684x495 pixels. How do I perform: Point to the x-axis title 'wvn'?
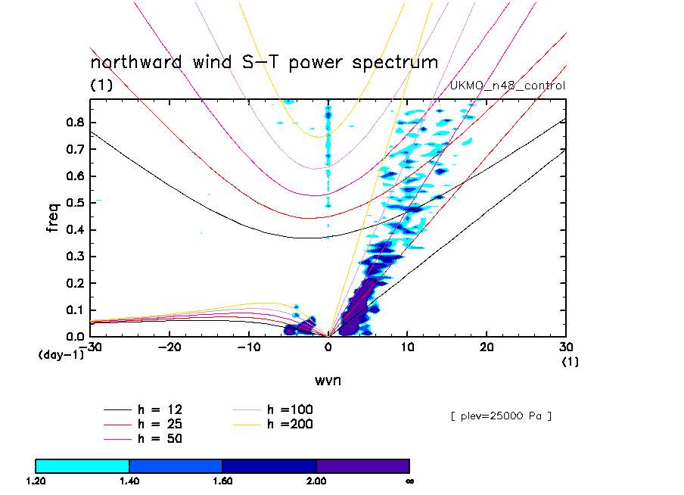pyautogui.click(x=328, y=380)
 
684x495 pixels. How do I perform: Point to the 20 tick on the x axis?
pyautogui.click(x=487, y=347)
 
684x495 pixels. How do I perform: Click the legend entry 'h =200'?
pyautogui.click(x=291, y=424)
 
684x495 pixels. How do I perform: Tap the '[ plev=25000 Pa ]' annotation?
pyautogui.click(x=500, y=416)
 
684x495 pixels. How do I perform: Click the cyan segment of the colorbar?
pyautogui.click(x=82, y=465)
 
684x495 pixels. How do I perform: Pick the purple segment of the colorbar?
pyautogui.click(x=362, y=465)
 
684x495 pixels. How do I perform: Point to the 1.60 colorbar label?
pyautogui.click(x=222, y=481)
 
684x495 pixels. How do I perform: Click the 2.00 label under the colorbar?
pyautogui.click(x=316, y=481)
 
